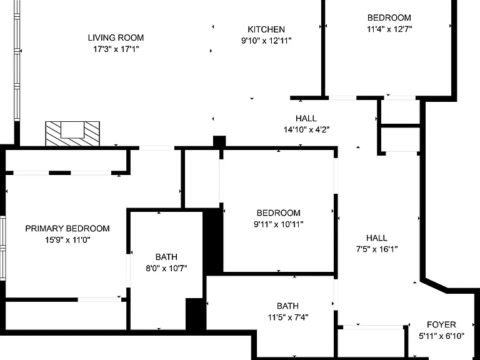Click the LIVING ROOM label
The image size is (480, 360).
[x=116, y=37]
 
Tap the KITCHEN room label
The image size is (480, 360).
[x=266, y=29]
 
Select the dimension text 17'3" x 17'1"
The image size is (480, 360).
[x=116, y=49]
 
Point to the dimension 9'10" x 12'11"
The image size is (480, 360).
[x=266, y=41]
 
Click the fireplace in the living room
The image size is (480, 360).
[x=72, y=134]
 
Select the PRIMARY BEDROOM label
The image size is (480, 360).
[x=67, y=229]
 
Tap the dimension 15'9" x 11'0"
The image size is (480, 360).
[x=67, y=240]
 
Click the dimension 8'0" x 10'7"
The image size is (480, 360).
[x=166, y=269]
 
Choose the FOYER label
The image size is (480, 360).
[x=441, y=324]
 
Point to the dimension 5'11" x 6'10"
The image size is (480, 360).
[x=441, y=336]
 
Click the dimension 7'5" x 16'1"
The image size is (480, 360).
[x=376, y=249]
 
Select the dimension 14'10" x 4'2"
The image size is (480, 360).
[x=306, y=130]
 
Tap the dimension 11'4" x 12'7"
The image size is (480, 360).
[x=389, y=29]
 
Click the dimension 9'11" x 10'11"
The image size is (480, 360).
[x=278, y=224]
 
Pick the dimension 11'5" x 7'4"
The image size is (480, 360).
[x=287, y=317]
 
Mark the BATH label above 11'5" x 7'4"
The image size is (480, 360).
[x=287, y=306]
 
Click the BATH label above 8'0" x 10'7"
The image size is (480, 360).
[x=166, y=257]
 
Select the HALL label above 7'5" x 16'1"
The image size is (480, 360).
[x=376, y=238]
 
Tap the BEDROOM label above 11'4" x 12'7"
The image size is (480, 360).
[x=389, y=17]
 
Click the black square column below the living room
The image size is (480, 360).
[x=219, y=142]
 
